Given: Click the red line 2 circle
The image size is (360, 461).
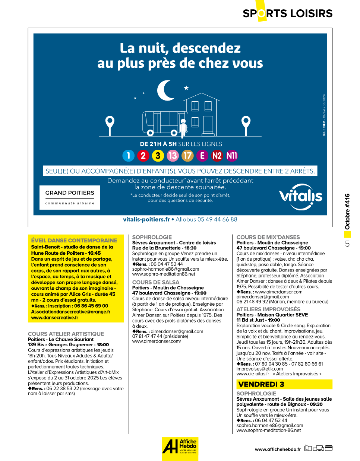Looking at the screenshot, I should [x=143, y=156].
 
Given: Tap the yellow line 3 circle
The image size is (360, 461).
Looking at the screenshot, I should [x=158, y=156].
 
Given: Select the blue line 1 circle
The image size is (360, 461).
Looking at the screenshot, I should [x=129, y=156].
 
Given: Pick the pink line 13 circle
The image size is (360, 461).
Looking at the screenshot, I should [x=173, y=156].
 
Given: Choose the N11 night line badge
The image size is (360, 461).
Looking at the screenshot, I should [x=232, y=156].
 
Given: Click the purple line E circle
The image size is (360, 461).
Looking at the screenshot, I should [x=202, y=156].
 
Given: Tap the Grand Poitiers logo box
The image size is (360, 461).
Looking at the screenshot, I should [x=70, y=197].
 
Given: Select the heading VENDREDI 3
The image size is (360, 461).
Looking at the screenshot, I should [x=261, y=384].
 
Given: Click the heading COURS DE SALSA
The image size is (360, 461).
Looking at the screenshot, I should [x=156, y=282].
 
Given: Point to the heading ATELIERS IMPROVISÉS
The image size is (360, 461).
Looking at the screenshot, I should [x=268, y=309].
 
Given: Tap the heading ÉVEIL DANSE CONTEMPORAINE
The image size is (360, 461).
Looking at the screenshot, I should [x=74, y=241].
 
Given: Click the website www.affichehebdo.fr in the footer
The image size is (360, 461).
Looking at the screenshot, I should [x=278, y=449].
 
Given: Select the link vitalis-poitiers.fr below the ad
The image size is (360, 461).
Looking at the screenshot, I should [x=146, y=219].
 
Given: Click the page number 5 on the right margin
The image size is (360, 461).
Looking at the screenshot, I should [x=347, y=244].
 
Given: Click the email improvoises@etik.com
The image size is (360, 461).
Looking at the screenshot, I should [x=260, y=369].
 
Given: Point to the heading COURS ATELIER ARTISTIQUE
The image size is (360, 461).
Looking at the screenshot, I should [x=66, y=334].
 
